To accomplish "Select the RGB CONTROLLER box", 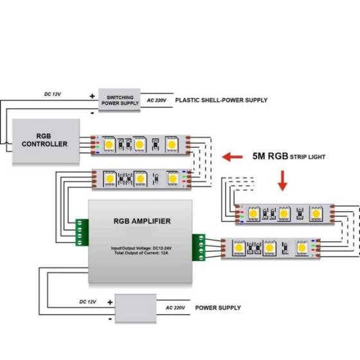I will click(x=44, y=141).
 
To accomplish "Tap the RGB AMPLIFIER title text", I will click(x=142, y=221).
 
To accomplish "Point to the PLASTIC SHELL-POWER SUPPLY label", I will click(x=221, y=100).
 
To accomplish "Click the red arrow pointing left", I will click(x=232, y=156).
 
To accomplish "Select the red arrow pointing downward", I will click(x=282, y=181).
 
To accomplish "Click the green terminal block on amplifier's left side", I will click(x=82, y=232).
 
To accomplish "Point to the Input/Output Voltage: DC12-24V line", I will click(x=142, y=248).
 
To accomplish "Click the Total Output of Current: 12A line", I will click(x=142, y=253).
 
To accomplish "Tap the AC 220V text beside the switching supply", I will click(x=157, y=100).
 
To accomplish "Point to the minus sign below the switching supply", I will click(x=93, y=112).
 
